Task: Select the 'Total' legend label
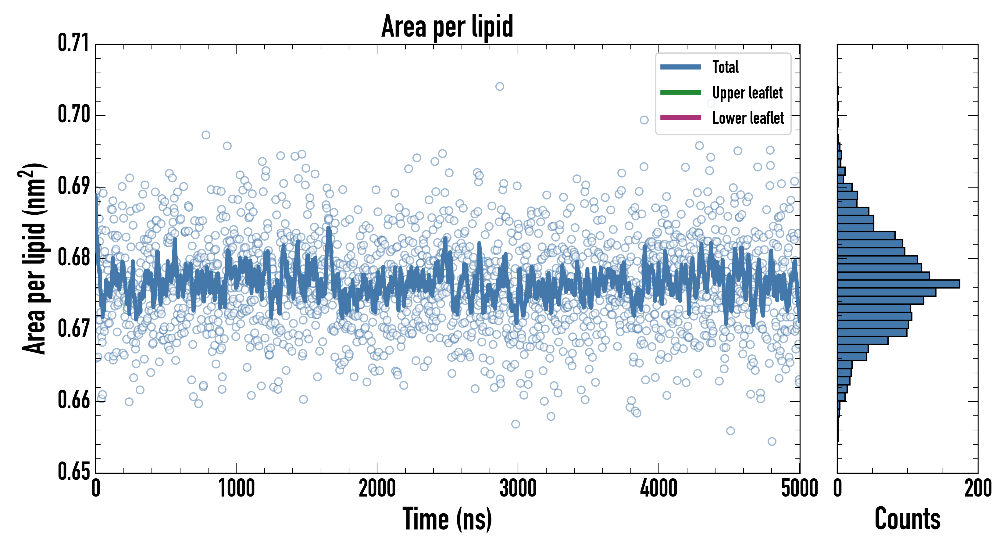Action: pyautogui.click(x=725, y=67)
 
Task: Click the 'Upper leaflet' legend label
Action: pyautogui.click(x=747, y=93)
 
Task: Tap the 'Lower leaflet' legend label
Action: pyautogui.click(x=748, y=118)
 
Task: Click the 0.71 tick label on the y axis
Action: pyautogui.click(x=74, y=43)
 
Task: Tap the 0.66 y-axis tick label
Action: pyautogui.click(x=74, y=400)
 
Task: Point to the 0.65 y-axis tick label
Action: pyautogui.click(x=74, y=471)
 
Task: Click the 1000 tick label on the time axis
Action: pyautogui.click(x=236, y=488)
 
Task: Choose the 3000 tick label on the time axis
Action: pyautogui.click(x=518, y=488)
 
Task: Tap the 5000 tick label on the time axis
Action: pyautogui.click(x=799, y=488)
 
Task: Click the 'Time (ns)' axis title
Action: pyautogui.click(x=447, y=519)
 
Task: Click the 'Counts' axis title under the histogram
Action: pyautogui.click(x=907, y=519)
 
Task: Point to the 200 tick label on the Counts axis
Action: pyautogui.click(x=977, y=488)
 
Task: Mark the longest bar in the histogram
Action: pyautogui.click(x=898, y=284)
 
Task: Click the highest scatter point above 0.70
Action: pyautogui.click(x=499, y=86)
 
